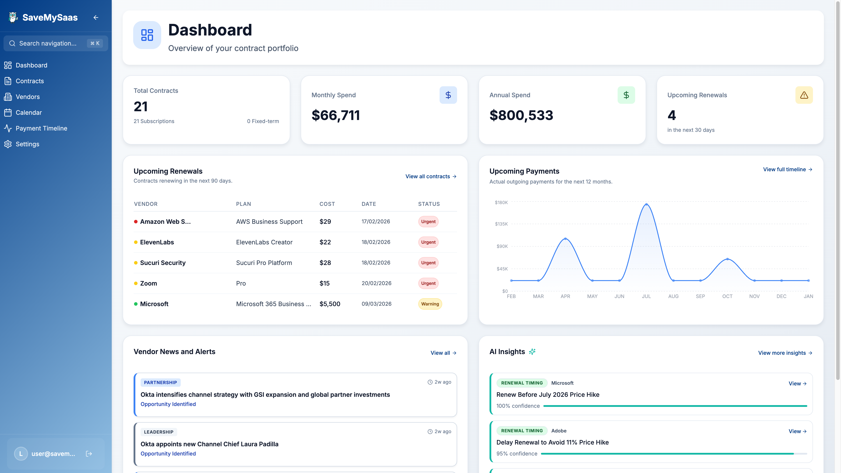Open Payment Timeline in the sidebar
[x=41, y=128]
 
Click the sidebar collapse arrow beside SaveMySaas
[x=96, y=18]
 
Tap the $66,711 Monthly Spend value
[x=336, y=115]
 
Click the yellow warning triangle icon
[x=804, y=95]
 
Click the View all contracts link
[x=431, y=176]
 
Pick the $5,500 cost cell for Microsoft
[x=330, y=304]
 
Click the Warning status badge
[x=430, y=304]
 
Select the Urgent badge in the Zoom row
[x=428, y=283]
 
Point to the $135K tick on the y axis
[x=501, y=224]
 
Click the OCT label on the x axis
[x=727, y=297]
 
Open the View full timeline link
[x=787, y=169]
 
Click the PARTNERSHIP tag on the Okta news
[x=160, y=383]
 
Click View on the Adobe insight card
[x=797, y=431]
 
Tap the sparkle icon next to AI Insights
[x=532, y=351]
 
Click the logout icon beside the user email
[x=89, y=454]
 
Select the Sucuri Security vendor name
[x=163, y=263]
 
